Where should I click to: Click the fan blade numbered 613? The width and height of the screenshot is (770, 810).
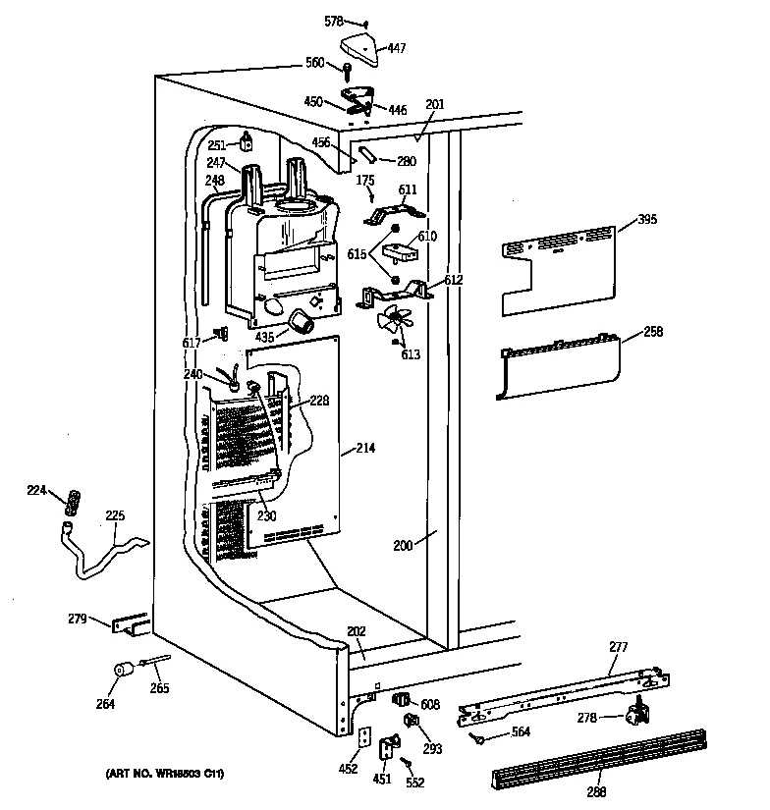pyautogui.click(x=395, y=320)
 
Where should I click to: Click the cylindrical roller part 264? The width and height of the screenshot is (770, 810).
pyautogui.click(x=123, y=673)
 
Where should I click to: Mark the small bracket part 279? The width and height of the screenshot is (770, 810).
pyautogui.click(x=129, y=624)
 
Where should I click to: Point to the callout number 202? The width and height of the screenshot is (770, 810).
pyautogui.click(x=357, y=633)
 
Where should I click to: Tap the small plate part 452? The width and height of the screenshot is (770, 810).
pyautogui.click(x=362, y=737)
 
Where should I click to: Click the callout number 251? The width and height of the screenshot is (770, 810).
pyautogui.click(x=217, y=145)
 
